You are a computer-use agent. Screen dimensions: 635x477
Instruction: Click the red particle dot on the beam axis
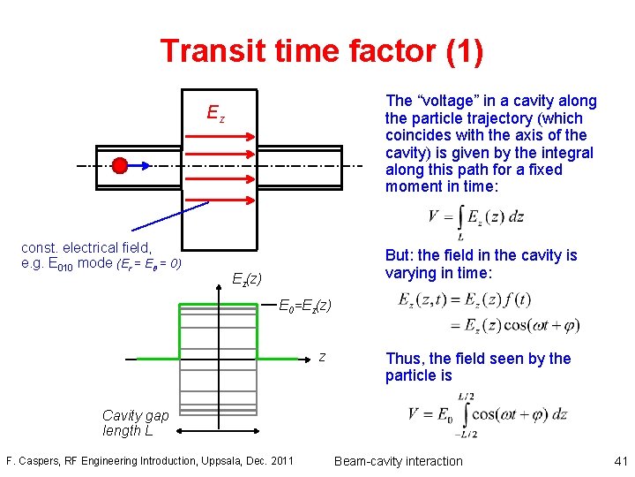click(120, 165)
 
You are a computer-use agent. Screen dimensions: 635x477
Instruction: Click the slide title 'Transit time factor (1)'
click(321, 50)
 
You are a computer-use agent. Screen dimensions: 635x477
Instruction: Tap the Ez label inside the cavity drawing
click(215, 113)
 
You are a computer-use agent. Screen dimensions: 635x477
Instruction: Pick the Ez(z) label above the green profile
click(246, 279)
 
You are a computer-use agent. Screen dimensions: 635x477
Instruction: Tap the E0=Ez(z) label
click(305, 307)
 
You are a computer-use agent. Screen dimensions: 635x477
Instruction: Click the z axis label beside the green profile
click(322, 357)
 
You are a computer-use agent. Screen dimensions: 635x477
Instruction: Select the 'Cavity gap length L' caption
click(135, 423)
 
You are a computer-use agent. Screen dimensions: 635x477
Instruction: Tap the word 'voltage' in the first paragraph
click(456, 102)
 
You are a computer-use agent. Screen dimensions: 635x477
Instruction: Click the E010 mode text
click(66, 263)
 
